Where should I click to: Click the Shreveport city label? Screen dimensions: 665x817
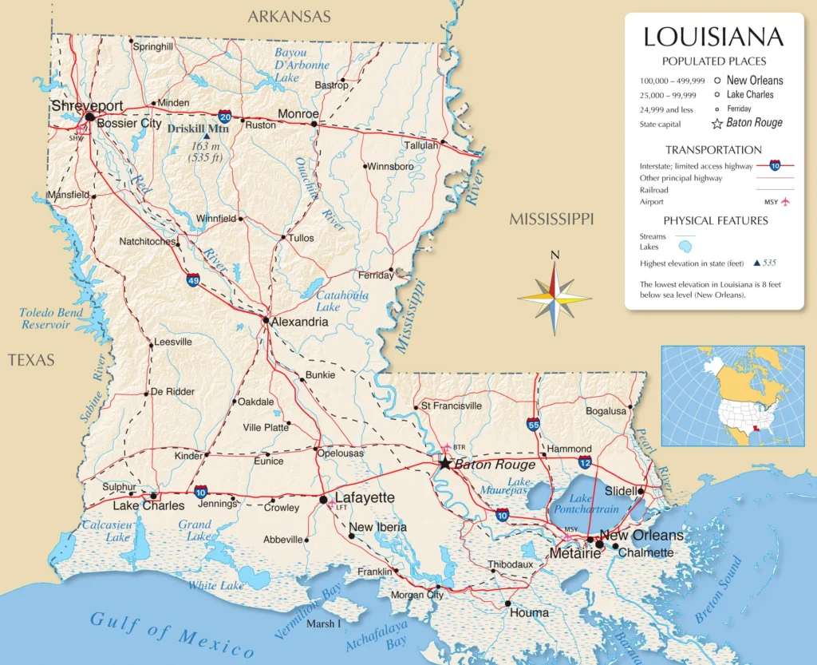pyautogui.click(x=87, y=106)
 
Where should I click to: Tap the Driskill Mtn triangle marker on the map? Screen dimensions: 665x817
pyautogui.click(x=207, y=137)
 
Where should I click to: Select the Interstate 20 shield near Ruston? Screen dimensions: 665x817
pyautogui.click(x=226, y=117)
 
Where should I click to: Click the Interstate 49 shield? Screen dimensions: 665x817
pyautogui.click(x=193, y=279)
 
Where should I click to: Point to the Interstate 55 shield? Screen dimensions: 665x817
pyautogui.click(x=532, y=424)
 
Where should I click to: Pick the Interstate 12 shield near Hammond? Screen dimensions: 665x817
pyautogui.click(x=585, y=462)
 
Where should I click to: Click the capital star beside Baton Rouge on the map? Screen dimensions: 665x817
pyautogui.click(x=444, y=463)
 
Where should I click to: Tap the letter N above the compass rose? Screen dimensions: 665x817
pyautogui.click(x=555, y=255)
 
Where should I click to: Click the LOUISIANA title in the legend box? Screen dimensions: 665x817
pyautogui.click(x=713, y=37)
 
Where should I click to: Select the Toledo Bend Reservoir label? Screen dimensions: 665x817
pyautogui.click(x=51, y=319)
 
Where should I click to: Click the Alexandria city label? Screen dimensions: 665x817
pyautogui.click(x=299, y=322)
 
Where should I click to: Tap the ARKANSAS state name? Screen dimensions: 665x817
pyautogui.click(x=289, y=16)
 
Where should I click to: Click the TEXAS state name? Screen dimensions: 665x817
pyautogui.click(x=31, y=360)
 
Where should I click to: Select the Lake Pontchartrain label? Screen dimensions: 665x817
pyautogui.click(x=588, y=503)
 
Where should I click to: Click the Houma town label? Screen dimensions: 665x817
pyautogui.click(x=529, y=612)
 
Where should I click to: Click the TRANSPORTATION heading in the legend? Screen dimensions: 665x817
pyautogui.click(x=713, y=149)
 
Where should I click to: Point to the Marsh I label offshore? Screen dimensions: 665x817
pyautogui.click(x=323, y=623)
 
